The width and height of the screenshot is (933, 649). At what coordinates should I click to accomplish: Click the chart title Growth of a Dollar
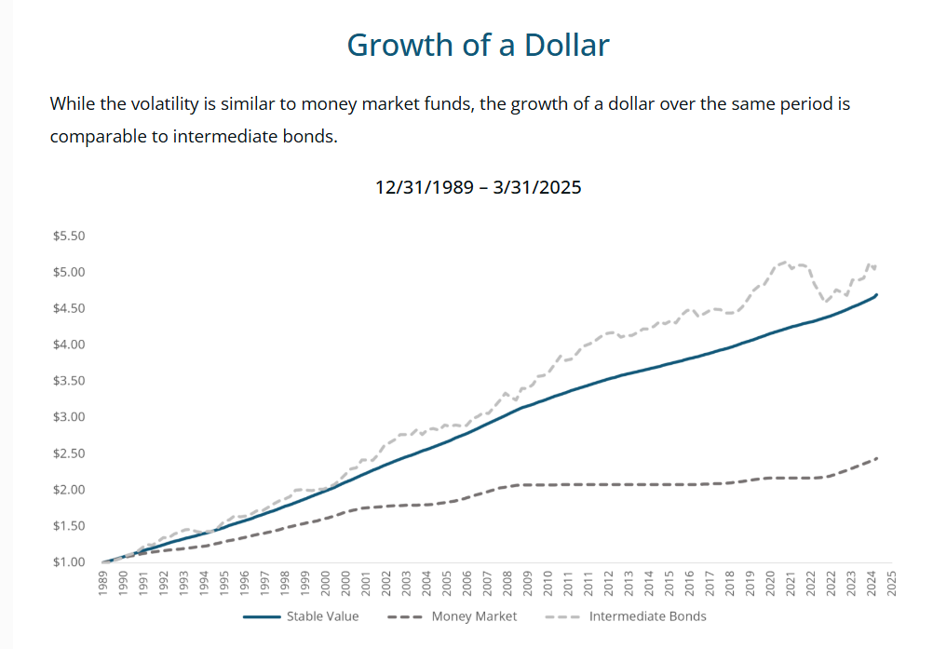[478, 45]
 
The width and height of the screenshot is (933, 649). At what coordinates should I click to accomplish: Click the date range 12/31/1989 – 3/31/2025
[478, 187]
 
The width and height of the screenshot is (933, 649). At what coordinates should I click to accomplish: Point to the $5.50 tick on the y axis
[70, 237]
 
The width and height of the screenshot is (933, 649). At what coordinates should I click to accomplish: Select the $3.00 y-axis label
[70, 417]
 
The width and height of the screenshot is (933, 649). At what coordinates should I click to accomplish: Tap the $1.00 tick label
[70, 562]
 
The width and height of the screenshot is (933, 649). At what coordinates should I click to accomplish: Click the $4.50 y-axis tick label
[70, 309]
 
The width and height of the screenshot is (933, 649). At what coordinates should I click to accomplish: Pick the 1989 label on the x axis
[103, 583]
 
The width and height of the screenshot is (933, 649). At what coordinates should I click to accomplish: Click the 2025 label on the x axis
[891, 583]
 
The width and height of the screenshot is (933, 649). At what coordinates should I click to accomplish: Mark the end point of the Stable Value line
[876, 294]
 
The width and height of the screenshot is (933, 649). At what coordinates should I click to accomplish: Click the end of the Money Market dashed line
[877, 458]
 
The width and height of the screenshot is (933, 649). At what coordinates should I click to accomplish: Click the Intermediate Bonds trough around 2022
[824, 300]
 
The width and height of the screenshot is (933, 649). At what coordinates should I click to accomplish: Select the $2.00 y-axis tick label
[70, 490]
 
